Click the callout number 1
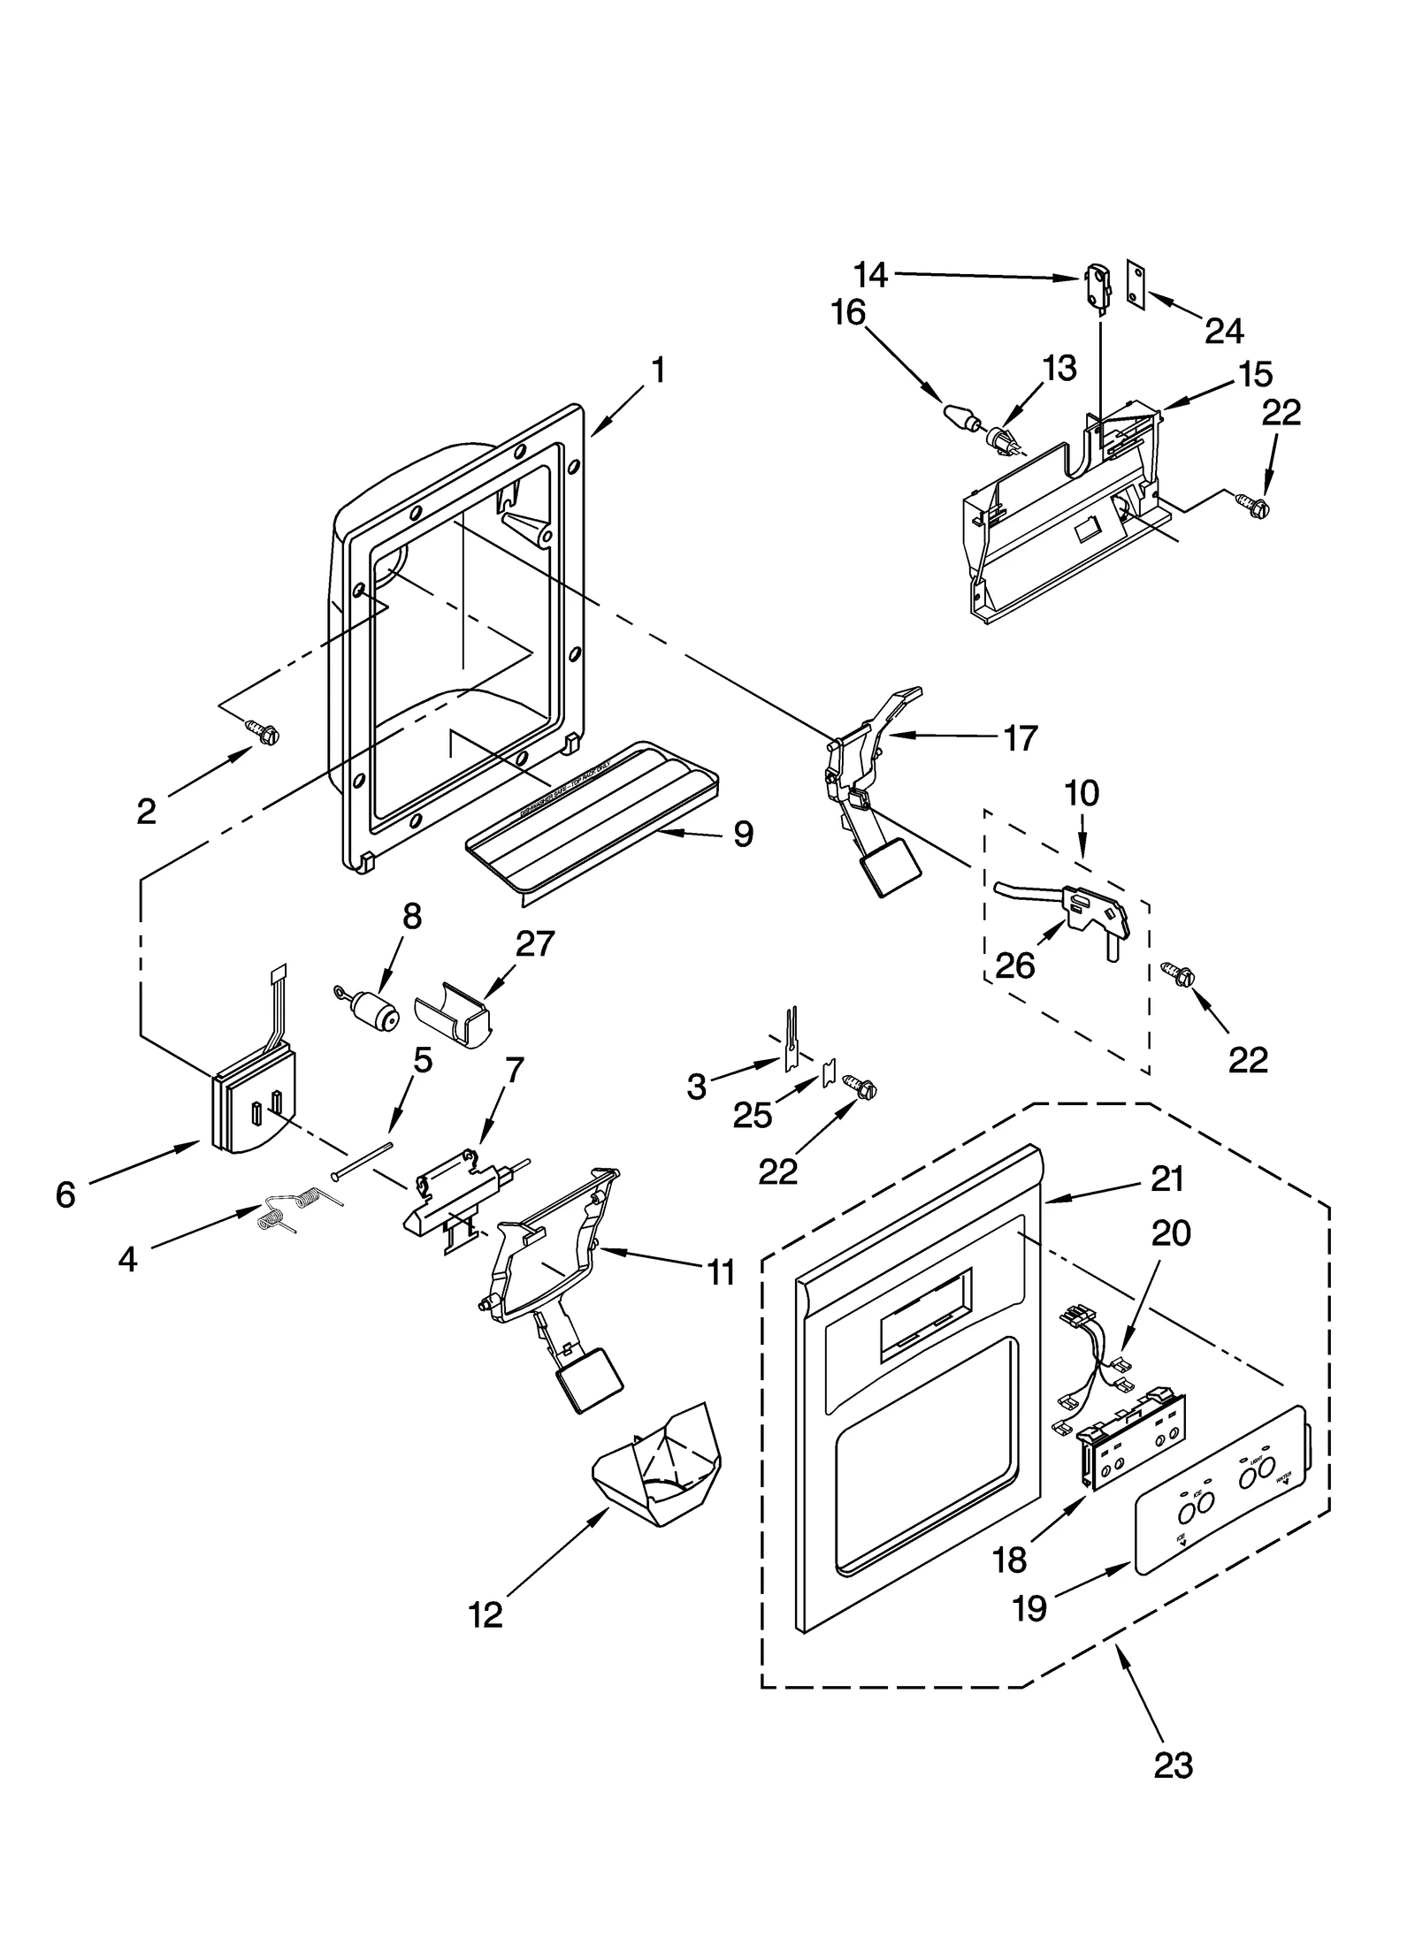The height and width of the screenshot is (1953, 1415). [658, 370]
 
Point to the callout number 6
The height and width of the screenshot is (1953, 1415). [65, 1195]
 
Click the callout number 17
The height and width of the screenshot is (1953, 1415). [1020, 736]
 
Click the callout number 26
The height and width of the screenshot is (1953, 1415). [1014, 965]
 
